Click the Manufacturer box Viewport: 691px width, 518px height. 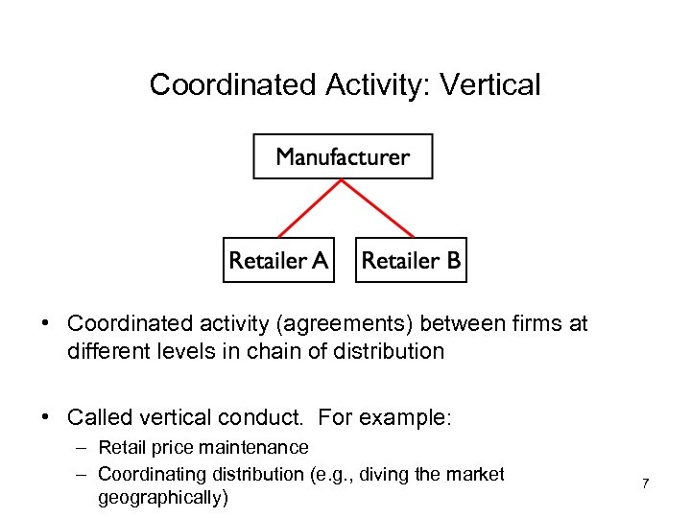point(343,156)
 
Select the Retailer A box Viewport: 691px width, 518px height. point(278,260)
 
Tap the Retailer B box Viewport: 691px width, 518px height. point(411,260)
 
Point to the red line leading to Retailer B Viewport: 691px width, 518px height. point(377,208)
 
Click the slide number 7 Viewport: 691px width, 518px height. point(645,483)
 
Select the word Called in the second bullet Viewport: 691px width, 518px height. point(99,417)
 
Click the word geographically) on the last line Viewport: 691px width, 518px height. point(163,499)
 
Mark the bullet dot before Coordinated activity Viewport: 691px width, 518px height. point(46,324)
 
